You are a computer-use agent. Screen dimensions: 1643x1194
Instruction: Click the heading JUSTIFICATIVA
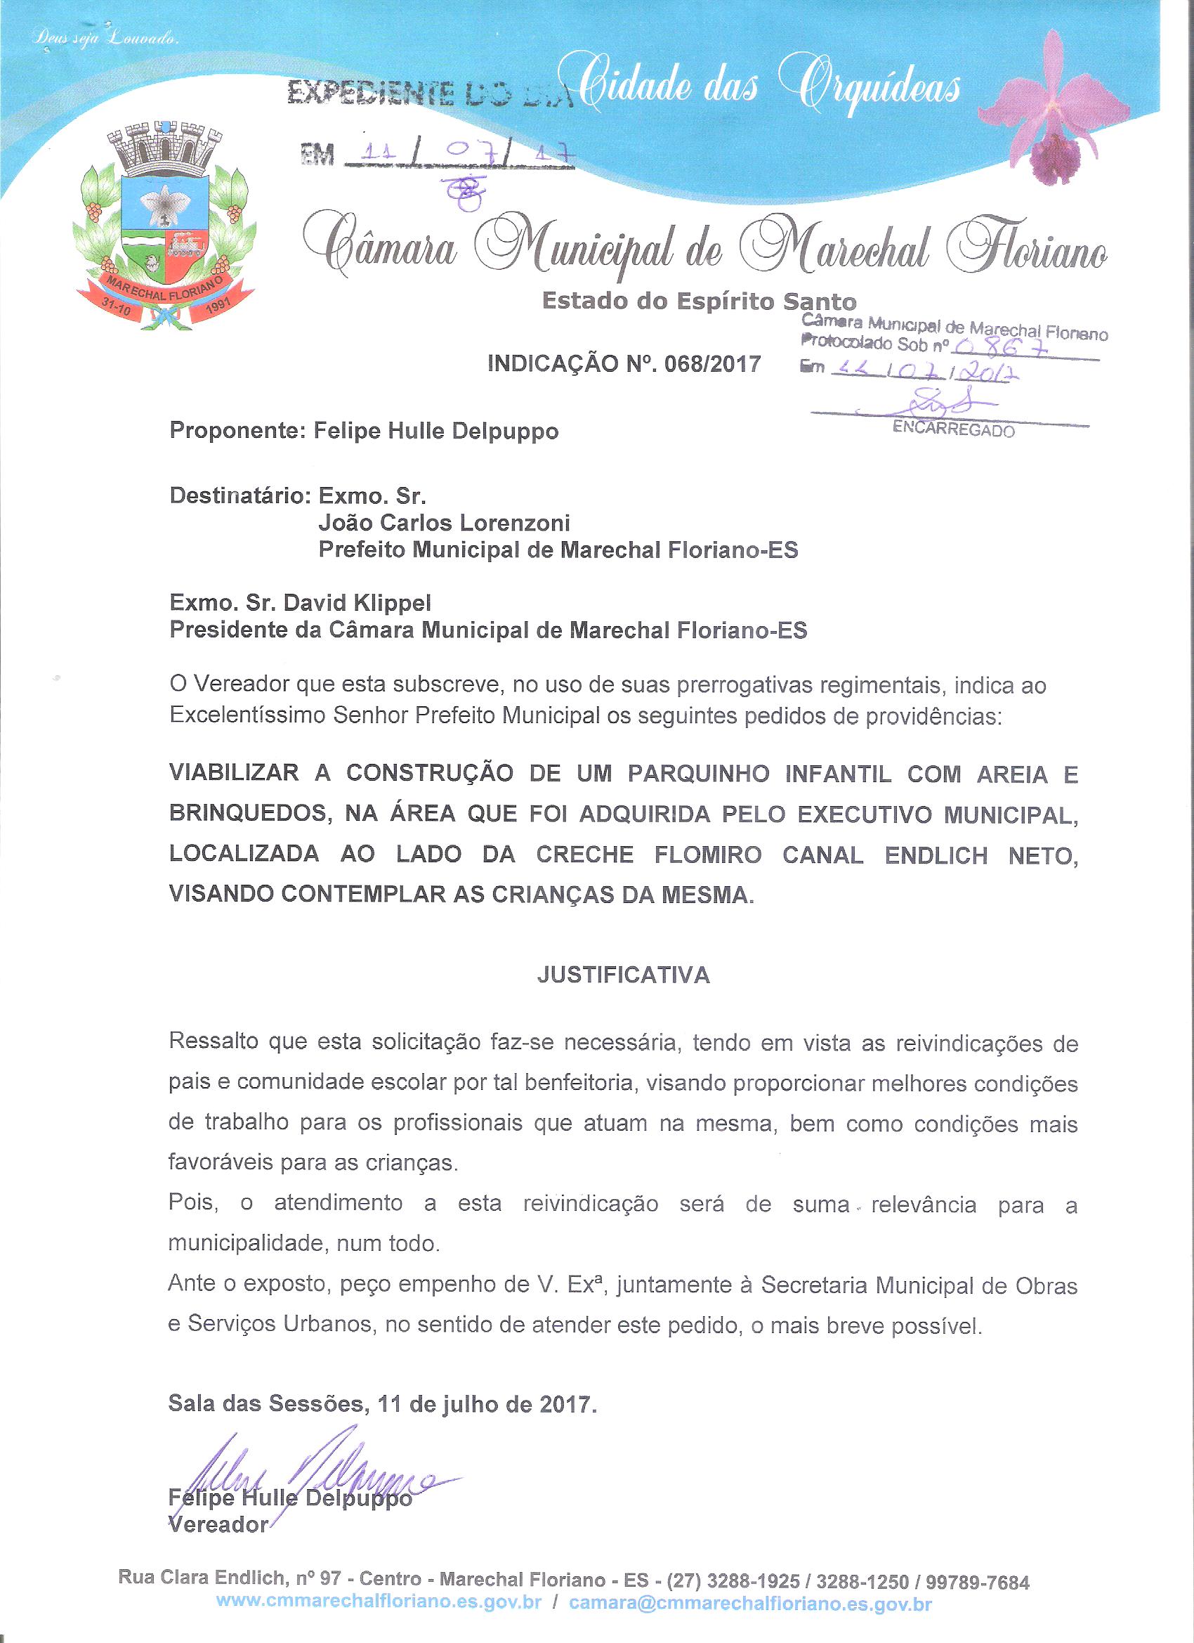pos(623,976)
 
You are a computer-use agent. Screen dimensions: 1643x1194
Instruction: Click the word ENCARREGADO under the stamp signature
pos(953,430)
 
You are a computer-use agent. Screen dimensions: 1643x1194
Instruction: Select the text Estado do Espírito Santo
pos(699,301)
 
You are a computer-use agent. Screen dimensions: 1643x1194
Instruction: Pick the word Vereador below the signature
pos(218,1524)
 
